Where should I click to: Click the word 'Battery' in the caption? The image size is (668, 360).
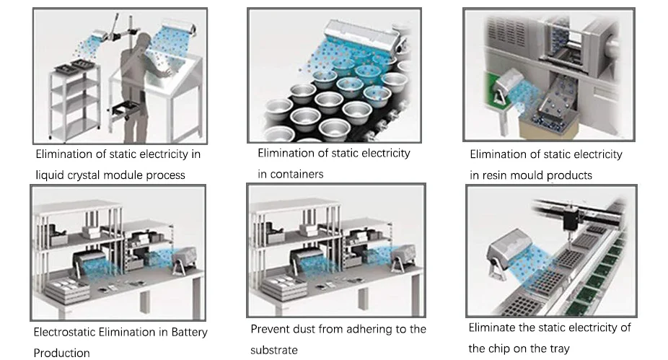(x=189, y=333)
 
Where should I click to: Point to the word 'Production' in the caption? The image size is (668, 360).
(x=62, y=354)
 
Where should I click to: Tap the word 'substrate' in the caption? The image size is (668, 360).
(x=274, y=350)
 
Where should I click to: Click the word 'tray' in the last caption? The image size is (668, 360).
(x=561, y=349)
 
